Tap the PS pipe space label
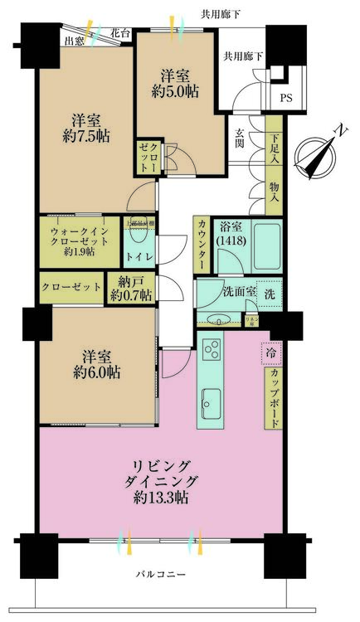pos(286,97)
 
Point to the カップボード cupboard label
pos(273,399)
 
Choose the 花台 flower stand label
pos(120,34)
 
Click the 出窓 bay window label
pos(75,39)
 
